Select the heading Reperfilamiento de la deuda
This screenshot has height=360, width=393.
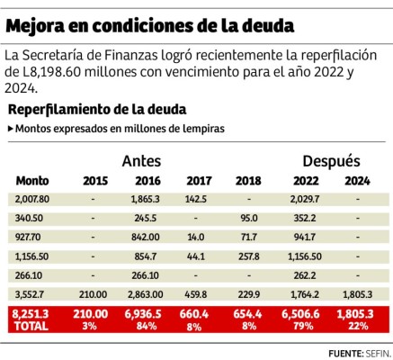[x=96, y=109]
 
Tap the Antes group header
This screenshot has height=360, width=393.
[x=141, y=160]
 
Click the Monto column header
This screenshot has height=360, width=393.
[x=32, y=179]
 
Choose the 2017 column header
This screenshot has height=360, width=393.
[x=196, y=179]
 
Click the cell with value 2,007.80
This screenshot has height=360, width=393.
[x=32, y=199]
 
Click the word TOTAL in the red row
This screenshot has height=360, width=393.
[x=29, y=325]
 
